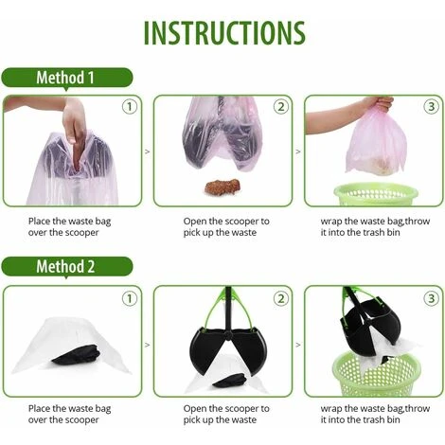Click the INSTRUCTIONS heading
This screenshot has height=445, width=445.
tap(223, 31)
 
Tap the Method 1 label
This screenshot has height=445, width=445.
tap(65, 78)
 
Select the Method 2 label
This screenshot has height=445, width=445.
tap(65, 266)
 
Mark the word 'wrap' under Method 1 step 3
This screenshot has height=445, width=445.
tap(331, 221)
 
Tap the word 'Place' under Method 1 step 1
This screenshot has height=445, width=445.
tap(42, 221)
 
